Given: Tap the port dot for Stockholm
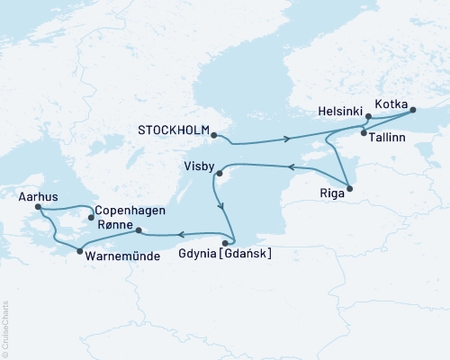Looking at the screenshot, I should (x=214, y=135).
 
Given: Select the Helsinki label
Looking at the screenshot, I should (x=341, y=112).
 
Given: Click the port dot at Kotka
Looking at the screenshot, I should (x=413, y=111).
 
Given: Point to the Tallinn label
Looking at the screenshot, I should (x=390, y=134).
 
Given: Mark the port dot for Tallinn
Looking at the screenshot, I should (x=364, y=133).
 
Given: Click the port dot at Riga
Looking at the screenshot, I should (x=350, y=188).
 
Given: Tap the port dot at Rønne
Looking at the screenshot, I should (x=138, y=230).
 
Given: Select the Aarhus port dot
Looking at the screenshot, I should (x=38, y=208).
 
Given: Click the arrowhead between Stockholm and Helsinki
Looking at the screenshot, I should (x=287, y=139).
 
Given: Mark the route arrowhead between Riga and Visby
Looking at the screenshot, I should (x=290, y=166).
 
